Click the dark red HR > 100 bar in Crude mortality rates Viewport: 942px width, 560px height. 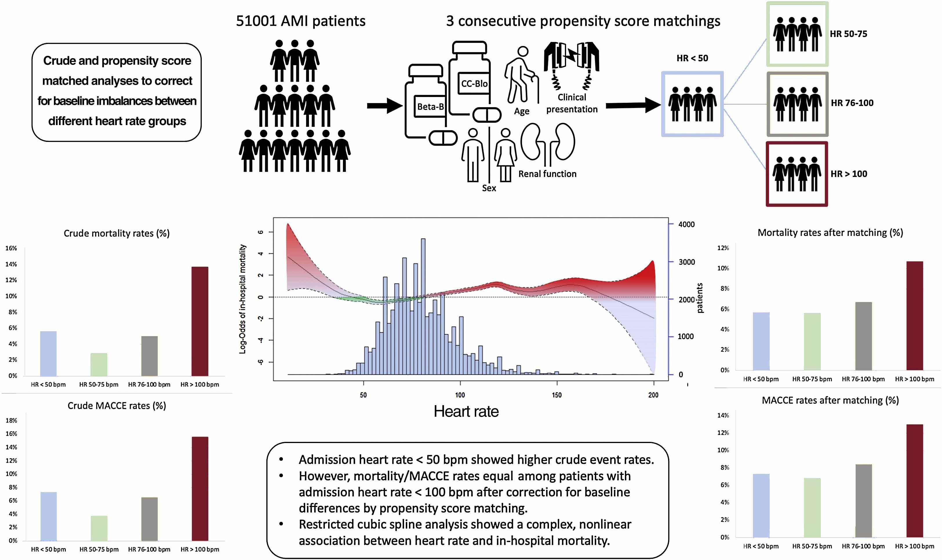pyautogui.click(x=199, y=321)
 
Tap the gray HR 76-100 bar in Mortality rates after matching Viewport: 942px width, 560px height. pyautogui.click(x=863, y=336)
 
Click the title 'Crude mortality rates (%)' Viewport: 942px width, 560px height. pyautogui.click(x=116, y=233)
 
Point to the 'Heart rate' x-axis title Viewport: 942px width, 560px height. pyautogui.click(x=466, y=411)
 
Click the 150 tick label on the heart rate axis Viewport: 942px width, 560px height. pyautogui.click(x=557, y=395)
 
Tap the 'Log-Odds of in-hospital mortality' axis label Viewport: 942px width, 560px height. pyautogui.click(x=243, y=299)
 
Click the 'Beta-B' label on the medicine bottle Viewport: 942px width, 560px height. pyautogui.click(x=430, y=107)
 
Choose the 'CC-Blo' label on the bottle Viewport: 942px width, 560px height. pyautogui.click(x=474, y=83)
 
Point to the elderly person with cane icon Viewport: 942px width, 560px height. pyautogui.click(x=521, y=76)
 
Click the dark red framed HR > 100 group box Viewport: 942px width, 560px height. pyautogui.click(x=796, y=174)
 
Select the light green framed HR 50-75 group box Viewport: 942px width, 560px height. pyautogui.click(x=797, y=34)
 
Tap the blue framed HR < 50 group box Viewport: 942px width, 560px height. pyautogui.click(x=692, y=104)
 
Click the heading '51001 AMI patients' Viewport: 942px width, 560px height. pyautogui.click(x=300, y=21)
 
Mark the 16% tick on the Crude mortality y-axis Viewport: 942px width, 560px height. pyautogui.click(x=11, y=248)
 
